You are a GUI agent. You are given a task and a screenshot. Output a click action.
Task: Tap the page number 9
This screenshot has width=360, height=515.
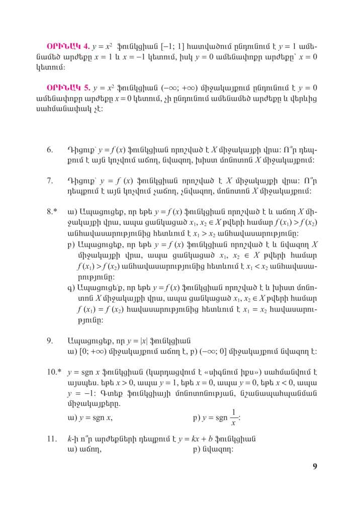tap(315, 466)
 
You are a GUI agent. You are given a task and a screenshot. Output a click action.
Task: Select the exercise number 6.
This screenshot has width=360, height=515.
tap(50, 150)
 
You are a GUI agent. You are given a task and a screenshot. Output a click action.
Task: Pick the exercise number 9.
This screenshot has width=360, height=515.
tap(50, 340)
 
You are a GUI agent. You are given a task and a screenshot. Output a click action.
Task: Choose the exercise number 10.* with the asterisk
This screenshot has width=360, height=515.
tap(54, 373)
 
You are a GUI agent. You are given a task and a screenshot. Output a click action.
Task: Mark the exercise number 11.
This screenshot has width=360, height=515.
tap(51, 439)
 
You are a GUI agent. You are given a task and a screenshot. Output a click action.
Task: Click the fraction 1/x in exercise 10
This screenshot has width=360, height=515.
tap(233, 417)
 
